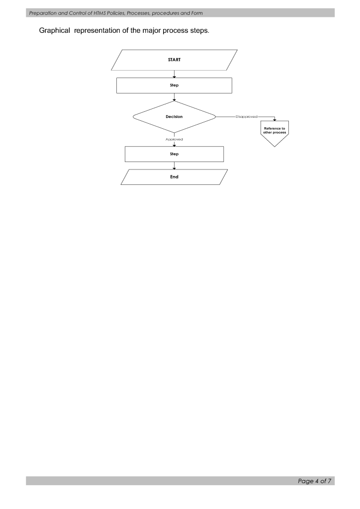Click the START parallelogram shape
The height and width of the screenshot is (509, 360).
[x=174, y=60]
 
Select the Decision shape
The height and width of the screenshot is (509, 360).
[x=174, y=117]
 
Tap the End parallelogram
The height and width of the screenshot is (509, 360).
[x=174, y=177]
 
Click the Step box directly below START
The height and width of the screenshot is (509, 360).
[x=174, y=85]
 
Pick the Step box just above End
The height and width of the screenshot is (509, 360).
[x=174, y=154]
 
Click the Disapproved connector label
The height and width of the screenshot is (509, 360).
[x=247, y=117]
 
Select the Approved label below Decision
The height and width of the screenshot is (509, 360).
[x=174, y=140]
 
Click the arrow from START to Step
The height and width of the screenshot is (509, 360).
[x=174, y=74]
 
